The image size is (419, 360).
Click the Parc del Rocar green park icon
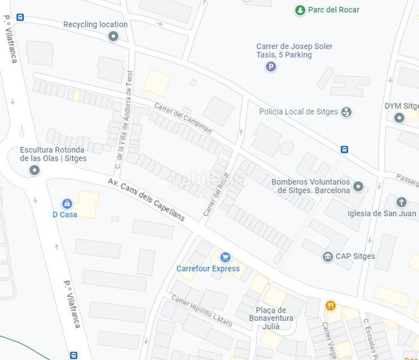300,10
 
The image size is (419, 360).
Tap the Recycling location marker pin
113,37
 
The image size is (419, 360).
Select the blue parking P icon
271,67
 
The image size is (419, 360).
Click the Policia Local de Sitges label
298,112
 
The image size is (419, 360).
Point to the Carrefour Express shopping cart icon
225,257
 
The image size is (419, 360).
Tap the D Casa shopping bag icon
67,203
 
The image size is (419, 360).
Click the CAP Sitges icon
328,257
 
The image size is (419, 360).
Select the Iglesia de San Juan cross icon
402,202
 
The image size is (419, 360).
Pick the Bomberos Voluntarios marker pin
358,187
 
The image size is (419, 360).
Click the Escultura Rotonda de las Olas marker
35,170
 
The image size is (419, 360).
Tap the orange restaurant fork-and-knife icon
330,306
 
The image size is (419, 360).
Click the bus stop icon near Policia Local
345,149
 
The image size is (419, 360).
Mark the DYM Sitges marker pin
399,118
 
